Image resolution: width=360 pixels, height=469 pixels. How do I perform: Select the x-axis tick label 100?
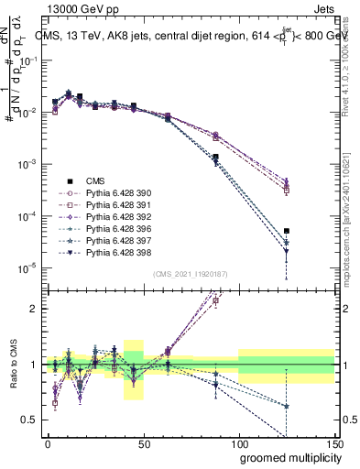tap(238, 444)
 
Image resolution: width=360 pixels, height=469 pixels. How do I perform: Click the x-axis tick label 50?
tap(143, 444)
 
